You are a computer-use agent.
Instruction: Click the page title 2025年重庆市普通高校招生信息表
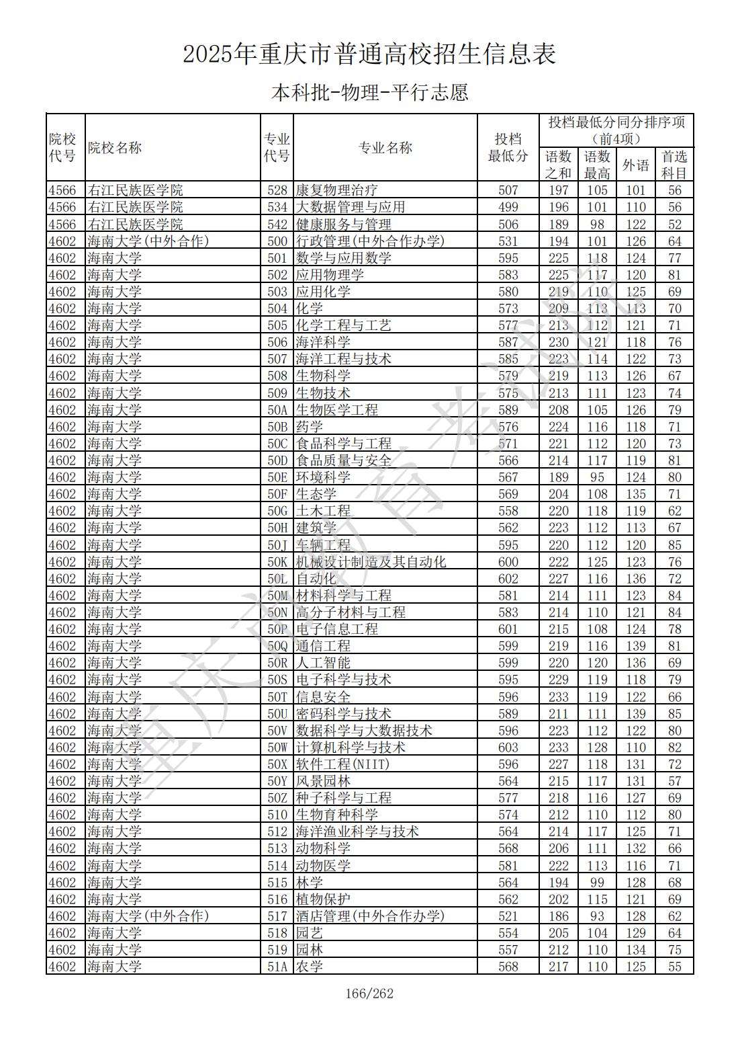[x=369, y=54]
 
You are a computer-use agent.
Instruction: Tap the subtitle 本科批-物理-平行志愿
[x=369, y=92]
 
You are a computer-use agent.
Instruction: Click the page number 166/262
[x=369, y=994]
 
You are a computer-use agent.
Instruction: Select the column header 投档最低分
[x=508, y=147]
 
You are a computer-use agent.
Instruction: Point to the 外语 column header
[x=635, y=165]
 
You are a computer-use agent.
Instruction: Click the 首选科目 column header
[x=674, y=165]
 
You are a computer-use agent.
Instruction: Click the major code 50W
[x=277, y=748]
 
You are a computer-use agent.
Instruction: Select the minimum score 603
[x=508, y=748]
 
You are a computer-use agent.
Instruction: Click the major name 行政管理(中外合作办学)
[x=370, y=241]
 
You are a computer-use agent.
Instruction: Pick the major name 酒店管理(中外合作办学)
[x=370, y=916]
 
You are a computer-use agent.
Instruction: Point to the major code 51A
[x=277, y=967]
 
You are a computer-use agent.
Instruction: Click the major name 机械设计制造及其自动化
[x=371, y=562]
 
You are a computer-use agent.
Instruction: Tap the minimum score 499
[x=508, y=207]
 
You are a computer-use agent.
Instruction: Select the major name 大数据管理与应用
[x=351, y=207]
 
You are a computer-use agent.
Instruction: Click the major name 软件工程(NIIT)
[x=342, y=764]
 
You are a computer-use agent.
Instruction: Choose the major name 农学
[x=310, y=967]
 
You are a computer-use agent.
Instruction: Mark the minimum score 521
[x=508, y=916]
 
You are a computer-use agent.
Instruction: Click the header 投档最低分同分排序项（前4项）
[x=616, y=130]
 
